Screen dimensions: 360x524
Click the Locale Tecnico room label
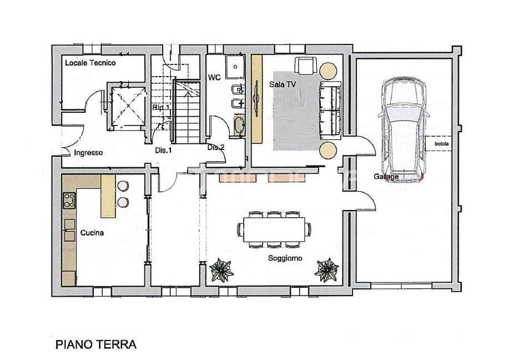click(x=90, y=63)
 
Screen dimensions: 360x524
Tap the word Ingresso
click(x=88, y=152)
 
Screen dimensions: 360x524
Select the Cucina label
click(x=92, y=233)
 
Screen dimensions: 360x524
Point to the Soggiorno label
click(x=285, y=258)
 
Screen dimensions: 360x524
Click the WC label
click(x=215, y=77)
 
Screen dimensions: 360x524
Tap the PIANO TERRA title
click(x=96, y=344)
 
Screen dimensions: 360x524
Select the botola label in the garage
click(x=442, y=145)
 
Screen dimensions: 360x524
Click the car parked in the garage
click(x=404, y=128)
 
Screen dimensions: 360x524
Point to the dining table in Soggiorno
click(x=274, y=228)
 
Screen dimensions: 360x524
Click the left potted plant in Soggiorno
click(x=222, y=270)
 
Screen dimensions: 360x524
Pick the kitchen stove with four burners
click(x=69, y=199)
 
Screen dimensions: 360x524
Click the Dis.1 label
click(x=163, y=150)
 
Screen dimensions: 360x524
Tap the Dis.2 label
click(x=215, y=147)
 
